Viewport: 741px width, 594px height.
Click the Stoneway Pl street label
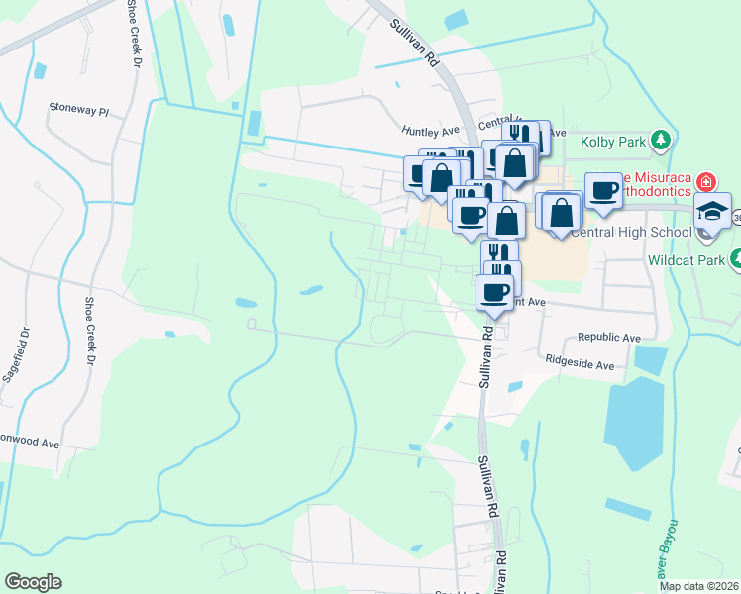(79, 111)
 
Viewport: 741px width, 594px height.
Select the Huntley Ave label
(431, 130)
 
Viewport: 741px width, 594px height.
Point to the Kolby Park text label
(618, 142)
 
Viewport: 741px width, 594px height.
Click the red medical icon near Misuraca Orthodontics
(705, 181)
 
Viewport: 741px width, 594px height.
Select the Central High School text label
(630, 233)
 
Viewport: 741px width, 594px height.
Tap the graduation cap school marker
(712, 211)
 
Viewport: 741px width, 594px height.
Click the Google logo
(33, 582)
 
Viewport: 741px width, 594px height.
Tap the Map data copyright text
(697, 586)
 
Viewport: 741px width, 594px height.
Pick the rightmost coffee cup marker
(602, 190)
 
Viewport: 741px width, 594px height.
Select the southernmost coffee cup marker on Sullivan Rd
(495, 292)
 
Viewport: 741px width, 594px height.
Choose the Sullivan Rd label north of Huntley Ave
(414, 43)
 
